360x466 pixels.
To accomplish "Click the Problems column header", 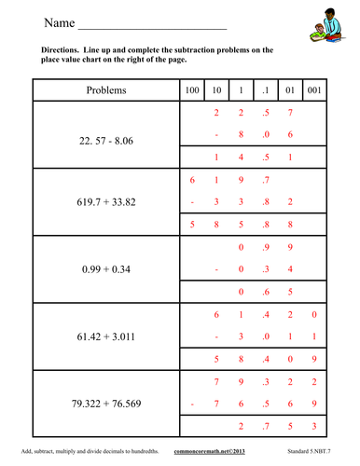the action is click(105, 90).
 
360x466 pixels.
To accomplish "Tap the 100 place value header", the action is click(191, 90).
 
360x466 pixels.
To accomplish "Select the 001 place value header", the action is click(316, 90).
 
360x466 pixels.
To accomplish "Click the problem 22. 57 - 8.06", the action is click(105, 136).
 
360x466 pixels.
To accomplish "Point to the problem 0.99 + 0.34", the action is click(105, 270).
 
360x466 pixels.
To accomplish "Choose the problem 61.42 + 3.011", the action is click(105, 337).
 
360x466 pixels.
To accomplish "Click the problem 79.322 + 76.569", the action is click(105, 405).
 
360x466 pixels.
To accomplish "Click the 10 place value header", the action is click(216, 90).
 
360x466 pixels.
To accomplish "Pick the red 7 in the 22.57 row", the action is click(291, 114).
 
